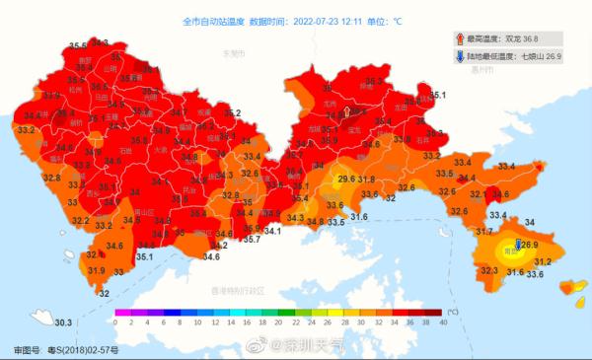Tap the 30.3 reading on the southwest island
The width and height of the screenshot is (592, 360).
tap(63, 323)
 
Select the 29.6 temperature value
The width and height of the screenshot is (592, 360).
tap(346, 180)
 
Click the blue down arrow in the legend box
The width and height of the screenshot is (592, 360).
tap(460, 57)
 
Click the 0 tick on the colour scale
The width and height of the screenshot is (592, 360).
tap(116, 322)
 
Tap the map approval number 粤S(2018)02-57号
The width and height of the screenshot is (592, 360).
tap(82, 350)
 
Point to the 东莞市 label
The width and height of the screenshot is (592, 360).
tap(233, 53)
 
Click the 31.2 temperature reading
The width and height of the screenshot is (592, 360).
tap(543, 261)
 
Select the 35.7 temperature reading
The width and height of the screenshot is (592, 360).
tap(252, 239)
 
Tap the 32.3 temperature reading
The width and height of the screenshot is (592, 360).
tap(489, 270)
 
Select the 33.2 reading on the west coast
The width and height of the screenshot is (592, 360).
tap(27, 129)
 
